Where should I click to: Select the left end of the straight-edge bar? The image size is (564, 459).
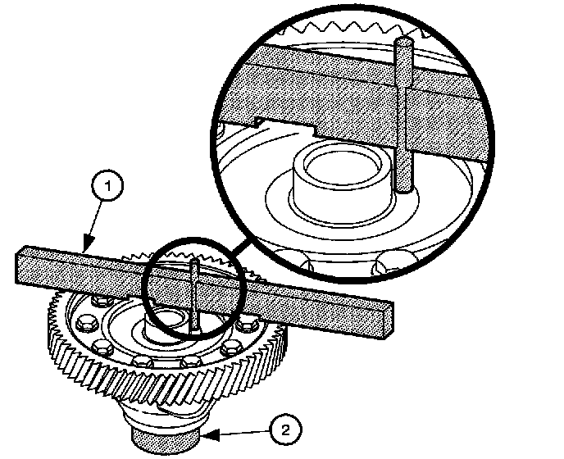tap(20, 266)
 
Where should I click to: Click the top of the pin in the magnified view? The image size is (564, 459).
tap(403, 42)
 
